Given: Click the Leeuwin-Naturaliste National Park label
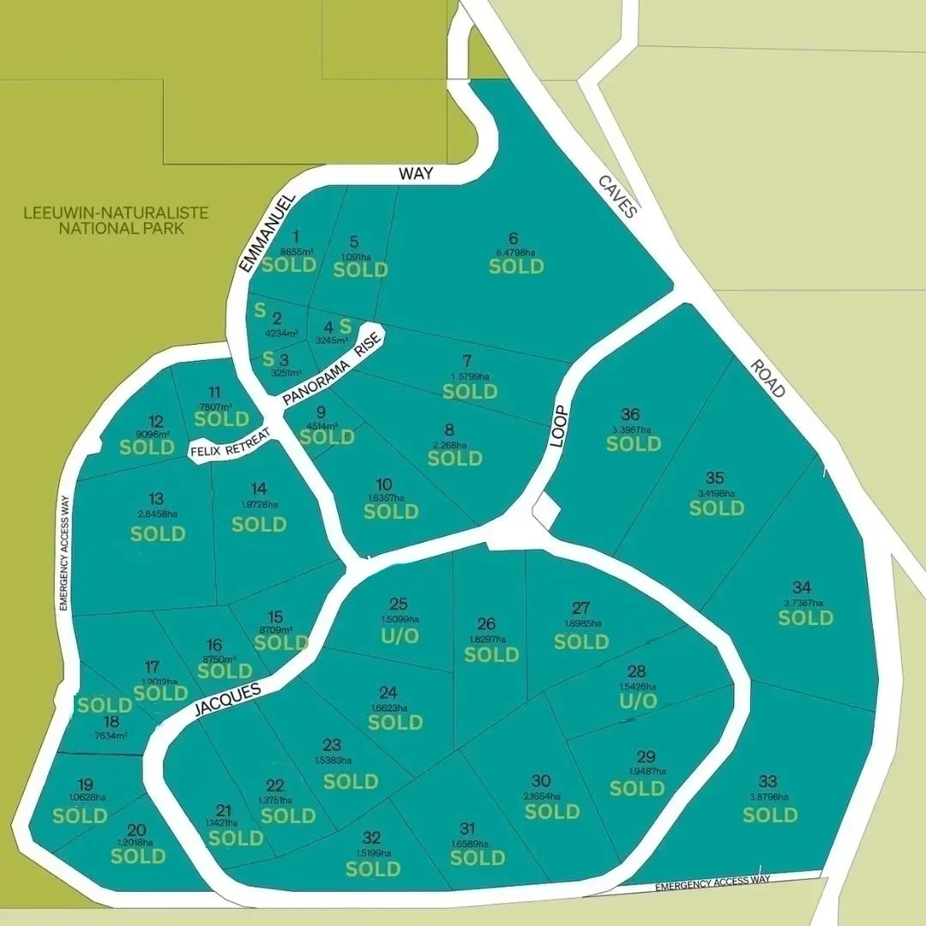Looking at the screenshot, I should pyautogui.click(x=117, y=220).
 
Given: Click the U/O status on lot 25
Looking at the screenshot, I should pyautogui.click(x=400, y=636).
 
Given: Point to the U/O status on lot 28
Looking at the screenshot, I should pyautogui.click(x=637, y=701).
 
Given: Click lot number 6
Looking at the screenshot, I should pyautogui.click(x=514, y=239).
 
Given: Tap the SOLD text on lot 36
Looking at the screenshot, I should pyautogui.click(x=634, y=443).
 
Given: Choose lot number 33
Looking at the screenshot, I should pyautogui.click(x=768, y=781).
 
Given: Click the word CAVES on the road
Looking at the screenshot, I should pyautogui.click(x=618, y=197).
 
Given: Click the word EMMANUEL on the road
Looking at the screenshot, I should pyautogui.click(x=267, y=232).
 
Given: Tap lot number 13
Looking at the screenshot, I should pyautogui.click(x=156, y=499).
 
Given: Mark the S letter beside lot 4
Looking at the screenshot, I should pyautogui.click(x=346, y=326).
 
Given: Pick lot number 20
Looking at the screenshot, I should pyautogui.click(x=136, y=829).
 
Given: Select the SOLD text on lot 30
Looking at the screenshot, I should pyautogui.click(x=552, y=811).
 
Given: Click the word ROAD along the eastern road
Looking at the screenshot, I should pyautogui.click(x=767, y=378).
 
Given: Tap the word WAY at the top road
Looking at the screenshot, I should pyautogui.click(x=416, y=173).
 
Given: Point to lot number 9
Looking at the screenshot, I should pyautogui.click(x=321, y=412).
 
